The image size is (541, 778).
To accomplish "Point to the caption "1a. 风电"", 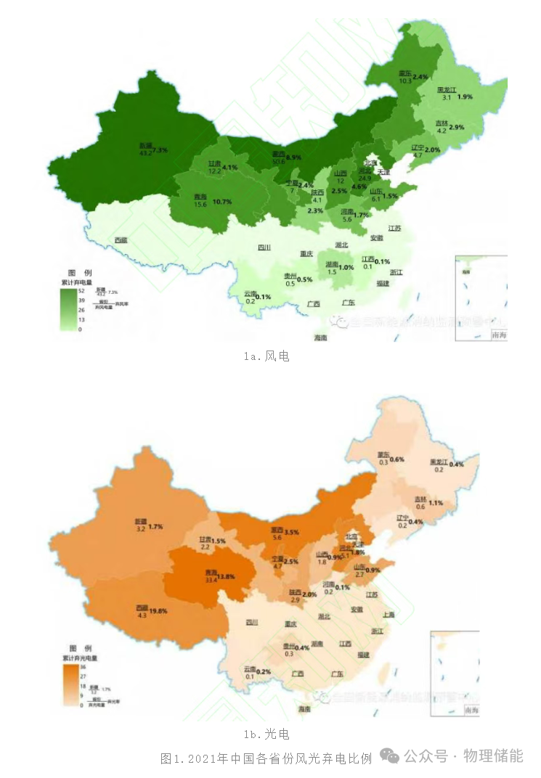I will point(267,356).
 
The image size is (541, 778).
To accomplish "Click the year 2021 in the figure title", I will point(203,758).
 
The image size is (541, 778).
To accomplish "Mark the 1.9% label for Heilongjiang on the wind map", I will point(465,97).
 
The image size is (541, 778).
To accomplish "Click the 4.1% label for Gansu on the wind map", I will point(230,168).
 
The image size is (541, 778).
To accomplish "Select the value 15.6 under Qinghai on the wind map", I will point(200,205).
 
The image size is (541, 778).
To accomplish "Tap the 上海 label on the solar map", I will point(387,614).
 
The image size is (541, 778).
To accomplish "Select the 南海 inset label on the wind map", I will point(500,335).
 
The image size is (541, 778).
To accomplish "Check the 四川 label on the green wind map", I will point(264,247).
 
